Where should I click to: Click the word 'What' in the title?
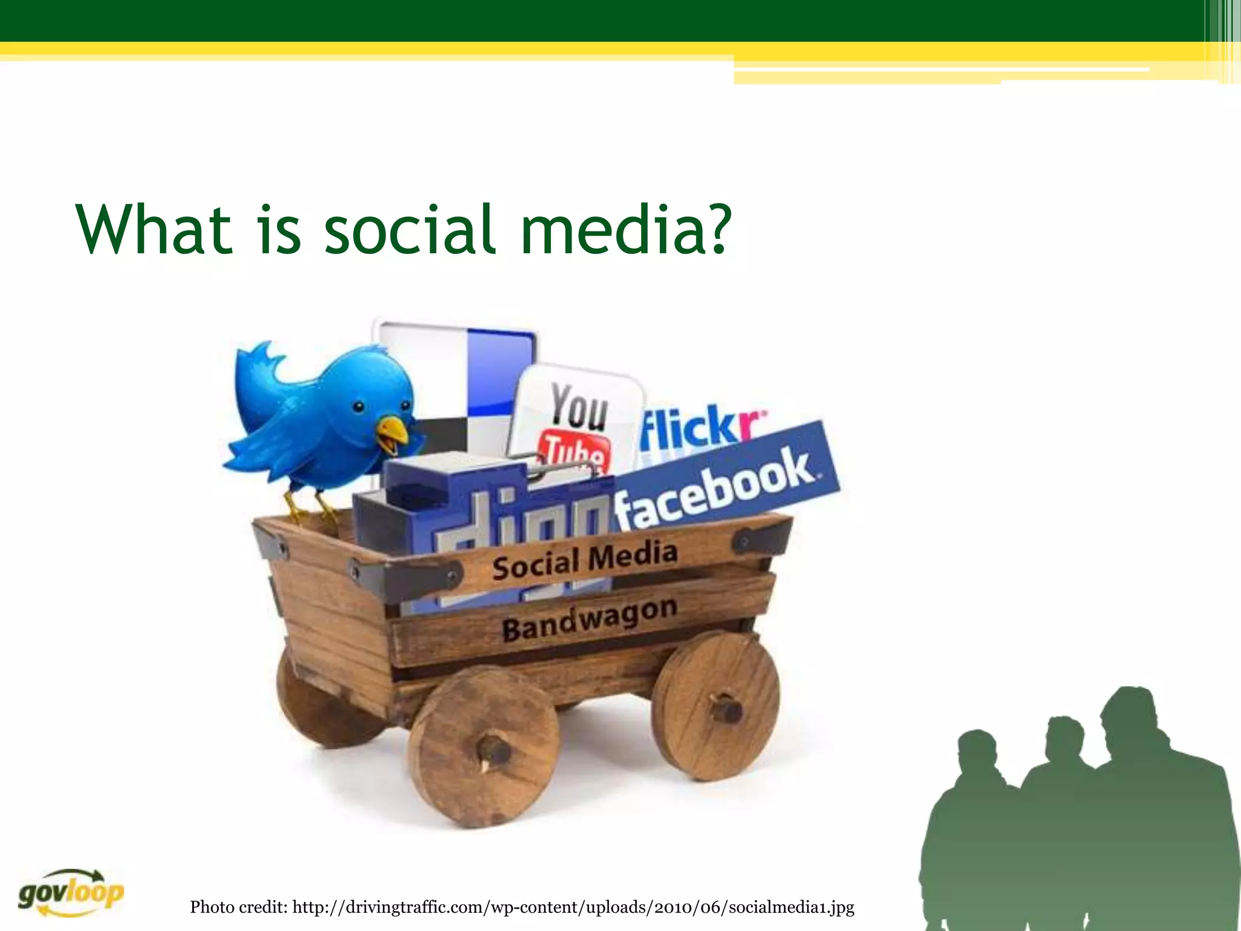click(154, 230)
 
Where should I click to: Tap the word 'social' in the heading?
click(410, 230)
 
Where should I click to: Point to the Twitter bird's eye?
click(359, 407)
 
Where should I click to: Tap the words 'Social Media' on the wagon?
click(584, 560)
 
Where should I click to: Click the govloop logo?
click(70, 893)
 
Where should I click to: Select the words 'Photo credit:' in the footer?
click(239, 907)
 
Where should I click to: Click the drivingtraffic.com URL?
click(573, 907)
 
